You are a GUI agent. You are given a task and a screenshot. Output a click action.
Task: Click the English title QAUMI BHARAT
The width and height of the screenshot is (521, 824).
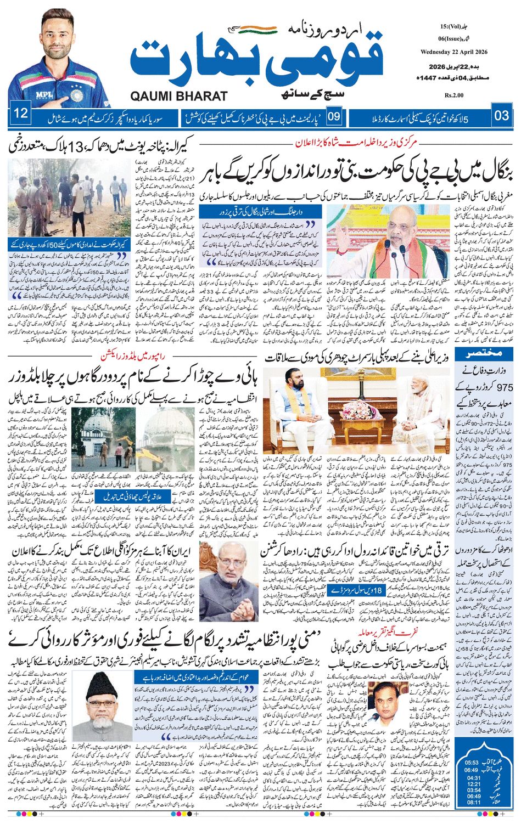pyautogui.click(x=179, y=96)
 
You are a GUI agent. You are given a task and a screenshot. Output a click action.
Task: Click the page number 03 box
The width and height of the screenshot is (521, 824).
pyautogui.click(x=502, y=115)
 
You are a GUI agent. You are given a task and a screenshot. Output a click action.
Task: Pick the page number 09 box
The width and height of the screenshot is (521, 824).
pyautogui.click(x=334, y=116)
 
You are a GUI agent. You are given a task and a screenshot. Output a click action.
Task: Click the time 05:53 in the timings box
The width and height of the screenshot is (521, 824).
pyautogui.click(x=472, y=763)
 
